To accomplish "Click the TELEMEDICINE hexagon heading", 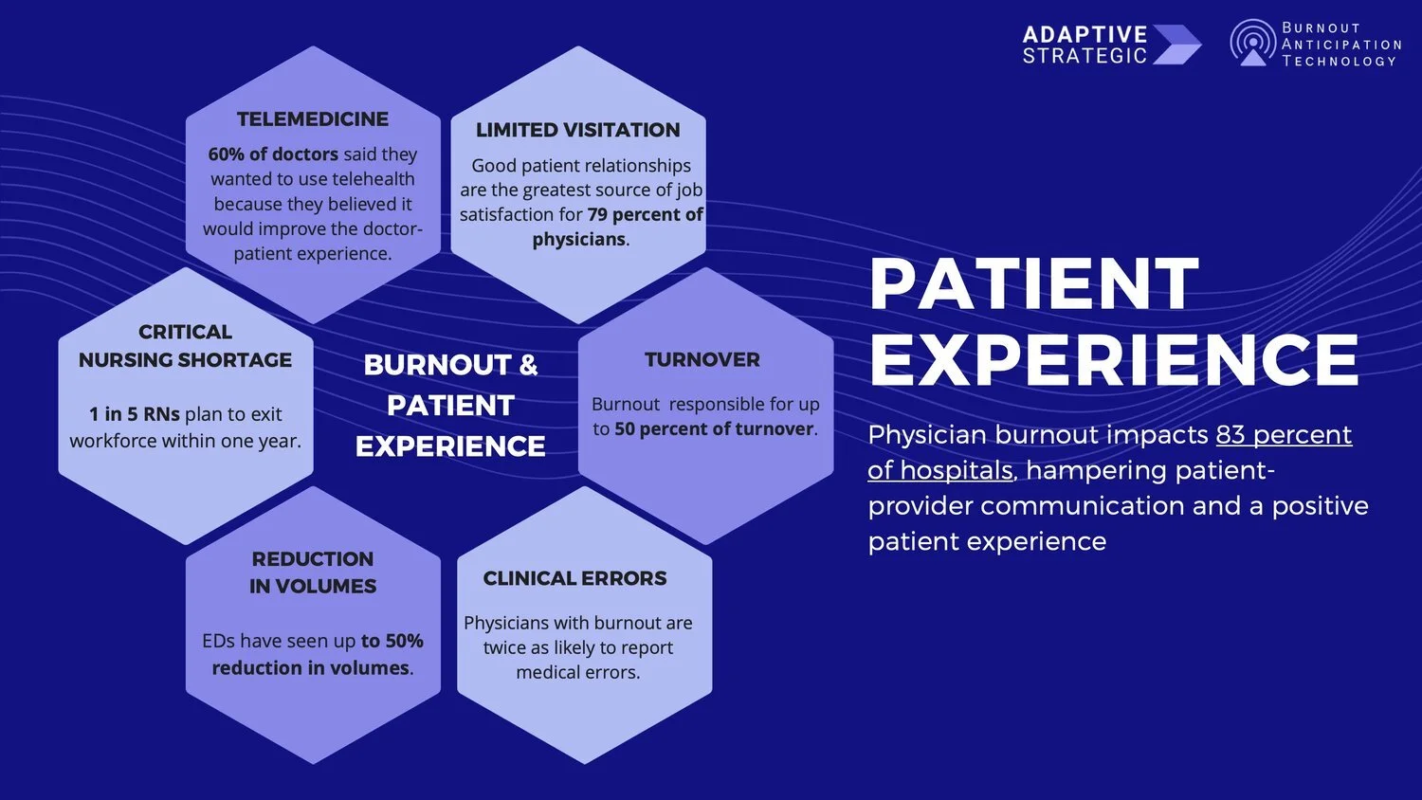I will tap(313, 119).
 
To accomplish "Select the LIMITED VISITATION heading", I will tap(577, 130).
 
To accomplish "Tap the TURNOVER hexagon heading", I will tap(702, 360).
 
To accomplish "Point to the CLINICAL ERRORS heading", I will tap(574, 578).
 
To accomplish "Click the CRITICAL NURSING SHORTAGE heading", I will tap(185, 346).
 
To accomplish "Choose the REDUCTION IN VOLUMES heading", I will tap(313, 573).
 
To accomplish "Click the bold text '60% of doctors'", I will tap(273, 155).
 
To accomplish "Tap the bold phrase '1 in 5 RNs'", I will tap(134, 414).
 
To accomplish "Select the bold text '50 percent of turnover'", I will tap(714, 429).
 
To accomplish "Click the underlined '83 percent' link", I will tap(1284, 435).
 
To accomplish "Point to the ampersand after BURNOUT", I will tap(528, 365).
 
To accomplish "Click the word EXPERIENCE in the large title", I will tap(1114, 359).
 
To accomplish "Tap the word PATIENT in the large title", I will tap(1034, 284).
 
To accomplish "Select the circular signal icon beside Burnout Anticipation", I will tap(1253, 44).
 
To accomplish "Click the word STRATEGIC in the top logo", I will tap(1085, 56).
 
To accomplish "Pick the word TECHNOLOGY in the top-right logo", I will tap(1339, 62).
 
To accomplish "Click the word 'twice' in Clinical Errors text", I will tap(503, 648).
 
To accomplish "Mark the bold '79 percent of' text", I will tap(645, 215).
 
